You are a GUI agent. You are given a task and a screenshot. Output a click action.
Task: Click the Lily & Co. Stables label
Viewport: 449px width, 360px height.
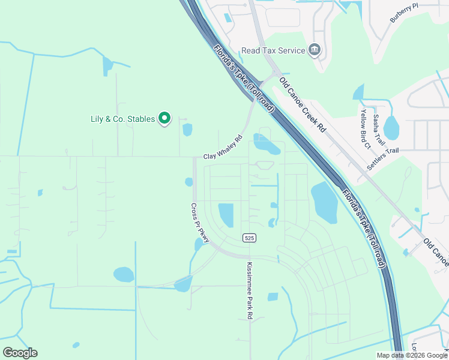(119, 119)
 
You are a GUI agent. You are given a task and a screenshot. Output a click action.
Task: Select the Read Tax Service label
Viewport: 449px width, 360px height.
(273, 51)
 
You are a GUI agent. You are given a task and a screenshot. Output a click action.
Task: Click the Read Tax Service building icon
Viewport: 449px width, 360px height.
(315, 50)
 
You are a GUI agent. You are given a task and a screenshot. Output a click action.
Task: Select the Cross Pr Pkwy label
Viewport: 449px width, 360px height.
(199, 223)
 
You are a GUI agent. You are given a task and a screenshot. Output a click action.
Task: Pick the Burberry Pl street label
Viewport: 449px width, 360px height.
(403, 13)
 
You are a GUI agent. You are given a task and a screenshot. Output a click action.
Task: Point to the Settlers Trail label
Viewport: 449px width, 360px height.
(383, 158)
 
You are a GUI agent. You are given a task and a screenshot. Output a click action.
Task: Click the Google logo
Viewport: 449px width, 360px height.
(20, 353)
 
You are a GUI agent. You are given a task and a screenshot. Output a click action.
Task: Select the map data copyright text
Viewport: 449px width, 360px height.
(412, 355)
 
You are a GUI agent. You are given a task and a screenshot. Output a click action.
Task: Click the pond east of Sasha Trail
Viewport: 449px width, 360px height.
(391, 127)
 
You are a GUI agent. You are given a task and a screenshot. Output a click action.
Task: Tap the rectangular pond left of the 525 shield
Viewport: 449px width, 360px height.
(226, 215)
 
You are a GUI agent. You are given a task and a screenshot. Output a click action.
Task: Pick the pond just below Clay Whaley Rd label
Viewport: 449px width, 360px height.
(266, 144)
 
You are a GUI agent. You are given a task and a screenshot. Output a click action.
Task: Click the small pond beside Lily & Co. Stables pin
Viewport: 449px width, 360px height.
(187, 130)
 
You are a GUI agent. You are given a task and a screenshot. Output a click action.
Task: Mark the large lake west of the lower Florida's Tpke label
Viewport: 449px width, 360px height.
(324, 202)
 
